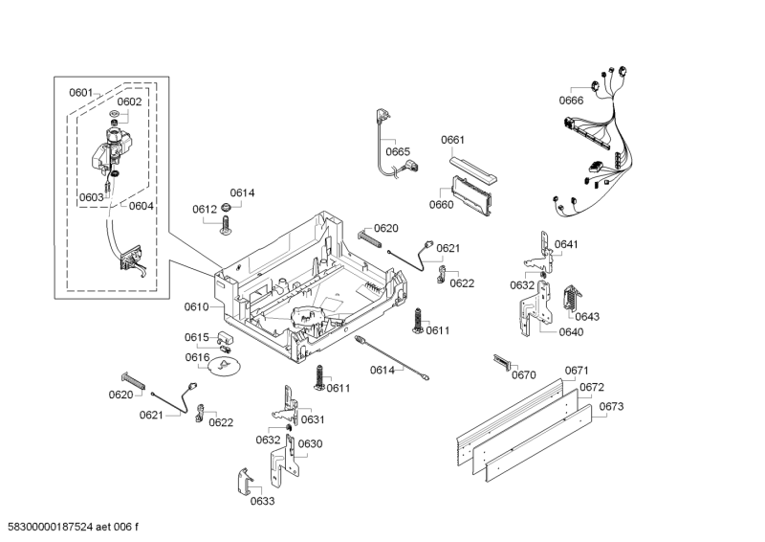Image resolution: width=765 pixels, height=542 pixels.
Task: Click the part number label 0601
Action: click(x=80, y=93)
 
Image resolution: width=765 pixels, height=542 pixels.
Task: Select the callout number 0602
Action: click(x=129, y=102)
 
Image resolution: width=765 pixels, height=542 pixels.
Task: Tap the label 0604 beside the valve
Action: click(x=141, y=206)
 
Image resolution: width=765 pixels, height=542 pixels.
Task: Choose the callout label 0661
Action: click(x=452, y=140)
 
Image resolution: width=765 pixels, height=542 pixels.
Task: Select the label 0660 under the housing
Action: click(x=441, y=204)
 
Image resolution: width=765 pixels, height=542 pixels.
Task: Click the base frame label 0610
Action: click(x=196, y=306)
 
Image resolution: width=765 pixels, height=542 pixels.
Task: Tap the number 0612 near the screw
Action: click(x=204, y=209)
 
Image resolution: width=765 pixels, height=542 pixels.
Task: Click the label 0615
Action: click(x=196, y=337)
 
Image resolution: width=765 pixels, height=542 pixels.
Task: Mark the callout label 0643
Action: click(x=587, y=316)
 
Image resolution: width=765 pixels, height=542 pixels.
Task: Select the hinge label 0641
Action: click(x=566, y=244)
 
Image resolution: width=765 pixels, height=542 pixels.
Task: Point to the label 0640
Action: click(x=571, y=332)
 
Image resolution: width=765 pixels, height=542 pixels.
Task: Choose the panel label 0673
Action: click(x=612, y=407)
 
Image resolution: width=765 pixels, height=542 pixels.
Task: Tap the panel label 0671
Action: click(x=576, y=371)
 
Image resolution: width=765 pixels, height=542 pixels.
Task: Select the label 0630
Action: click(x=310, y=443)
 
